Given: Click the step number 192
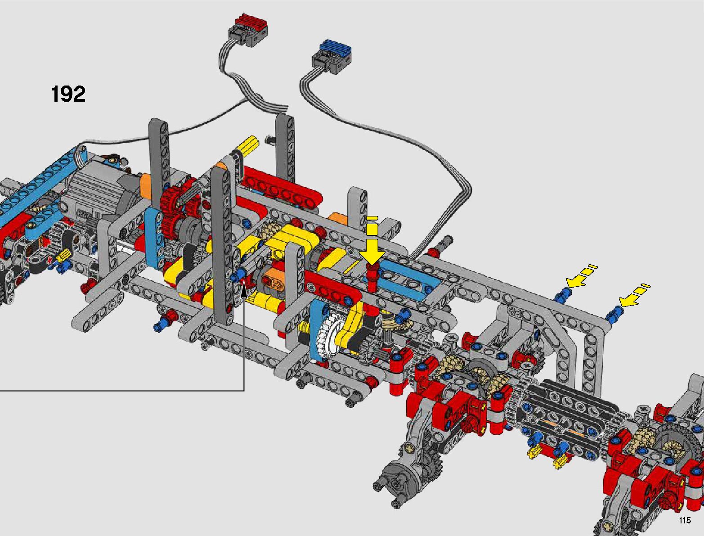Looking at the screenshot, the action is point(68,94).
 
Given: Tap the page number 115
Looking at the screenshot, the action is point(685,520).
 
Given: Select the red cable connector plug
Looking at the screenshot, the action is point(248,31).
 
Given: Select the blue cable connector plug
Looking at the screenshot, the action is point(332,56).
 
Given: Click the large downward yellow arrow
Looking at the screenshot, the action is point(372,245).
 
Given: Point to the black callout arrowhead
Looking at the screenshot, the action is point(244,290).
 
